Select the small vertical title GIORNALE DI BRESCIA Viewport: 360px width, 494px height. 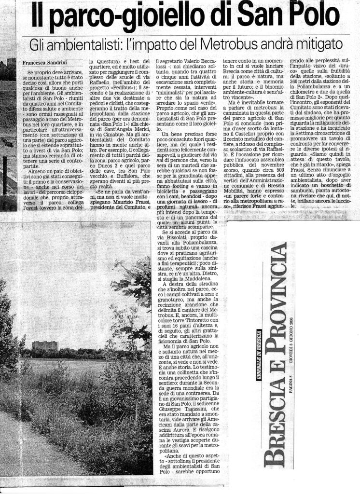click(x=259, y=358)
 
